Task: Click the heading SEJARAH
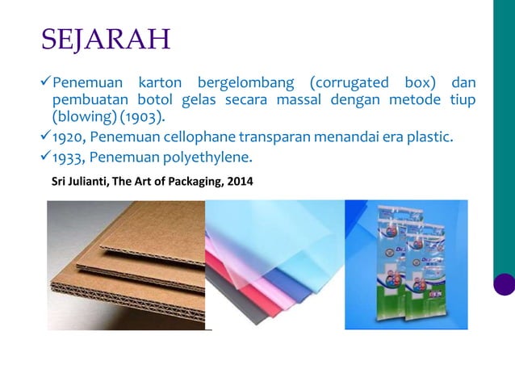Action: (105, 38)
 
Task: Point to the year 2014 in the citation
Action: (239, 182)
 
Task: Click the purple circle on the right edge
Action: (504, 283)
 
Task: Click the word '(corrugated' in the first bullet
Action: (344, 83)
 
